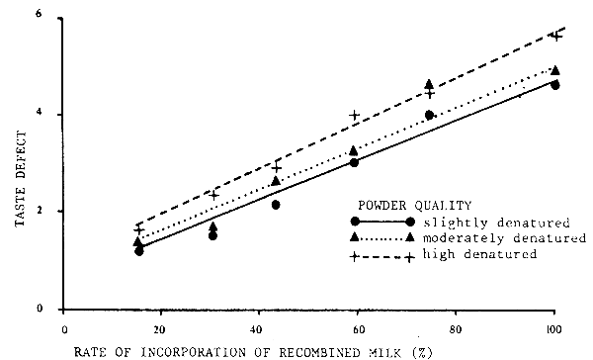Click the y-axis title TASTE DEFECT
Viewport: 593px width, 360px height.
click(21, 167)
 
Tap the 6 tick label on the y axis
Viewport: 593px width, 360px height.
click(38, 16)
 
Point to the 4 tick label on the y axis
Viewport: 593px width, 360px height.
click(38, 115)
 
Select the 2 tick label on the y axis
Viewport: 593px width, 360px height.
click(38, 212)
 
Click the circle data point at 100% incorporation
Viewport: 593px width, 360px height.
click(555, 85)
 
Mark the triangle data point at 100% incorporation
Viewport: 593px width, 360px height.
click(555, 70)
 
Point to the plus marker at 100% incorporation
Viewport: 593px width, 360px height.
click(555, 36)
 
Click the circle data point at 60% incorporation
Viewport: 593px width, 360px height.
click(354, 161)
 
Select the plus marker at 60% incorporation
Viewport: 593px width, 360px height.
click(354, 116)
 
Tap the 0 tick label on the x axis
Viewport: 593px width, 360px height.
click(65, 327)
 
